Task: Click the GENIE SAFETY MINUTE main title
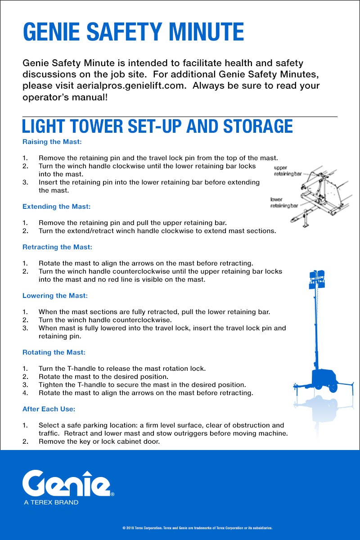click(133, 32)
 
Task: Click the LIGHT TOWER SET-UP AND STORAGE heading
click(157, 126)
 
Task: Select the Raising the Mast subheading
click(52, 142)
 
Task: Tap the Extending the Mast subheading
click(56, 207)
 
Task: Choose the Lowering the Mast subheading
click(55, 296)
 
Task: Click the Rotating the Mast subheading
click(54, 352)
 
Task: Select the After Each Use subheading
click(49, 409)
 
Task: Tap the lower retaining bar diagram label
click(283, 202)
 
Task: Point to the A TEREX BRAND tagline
click(51, 502)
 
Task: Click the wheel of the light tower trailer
click(333, 386)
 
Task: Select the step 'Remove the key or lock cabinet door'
click(99, 441)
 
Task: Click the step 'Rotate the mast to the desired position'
click(103, 377)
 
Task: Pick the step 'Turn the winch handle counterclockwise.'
click(105, 320)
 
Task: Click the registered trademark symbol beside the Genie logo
click(112, 494)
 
